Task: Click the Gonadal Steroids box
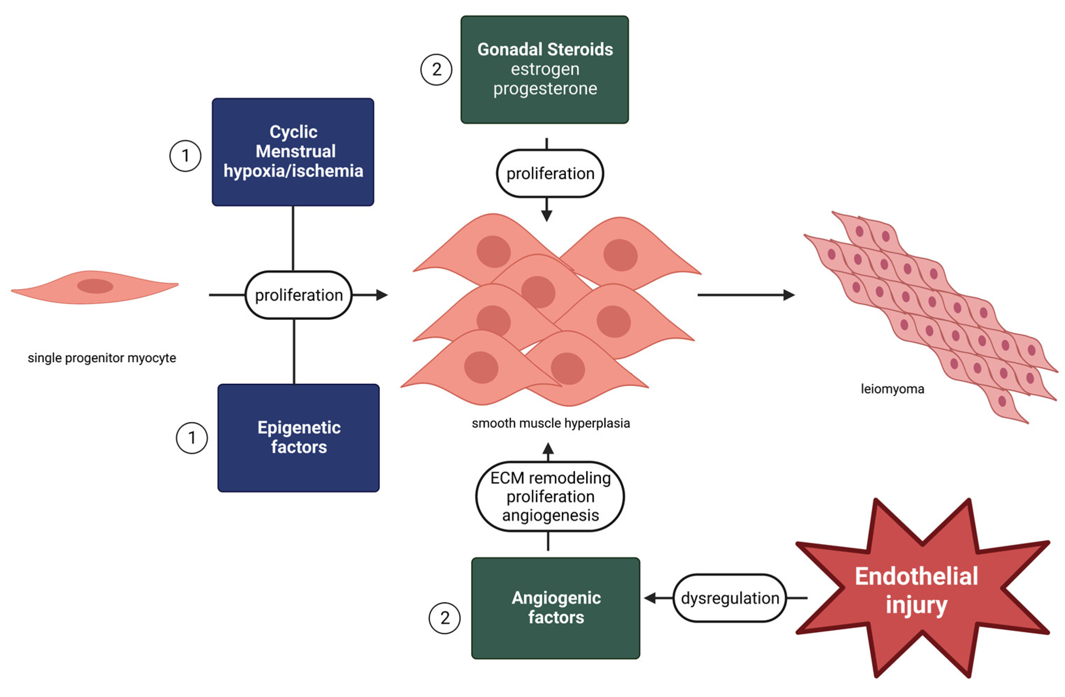point(545,70)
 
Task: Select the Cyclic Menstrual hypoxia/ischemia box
point(293,152)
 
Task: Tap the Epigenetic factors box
point(298,438)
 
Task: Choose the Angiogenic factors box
point(556,608)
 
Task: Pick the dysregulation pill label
point(730,598)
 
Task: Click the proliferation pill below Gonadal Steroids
point(550,173)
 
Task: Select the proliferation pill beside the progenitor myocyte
point(298,295)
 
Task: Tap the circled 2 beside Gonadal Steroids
point(436,69)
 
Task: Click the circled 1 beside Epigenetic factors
point(192,438)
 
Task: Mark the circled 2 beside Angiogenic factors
point(445,618)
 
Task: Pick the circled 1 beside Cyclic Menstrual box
point(185,156)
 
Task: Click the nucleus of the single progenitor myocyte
point(95,286)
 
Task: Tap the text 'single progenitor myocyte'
point(102,358)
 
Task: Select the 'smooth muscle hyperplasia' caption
point(551,423)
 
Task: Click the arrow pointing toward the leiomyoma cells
point(746,295)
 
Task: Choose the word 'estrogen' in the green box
point(545,69)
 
